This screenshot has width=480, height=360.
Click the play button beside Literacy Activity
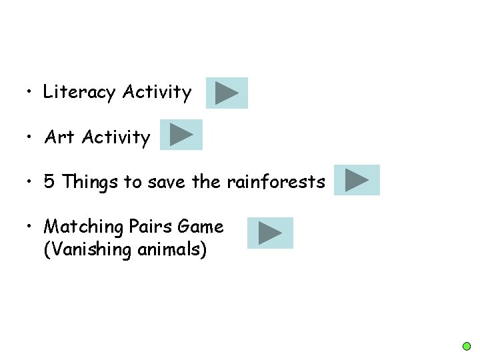click(x=227, y=93)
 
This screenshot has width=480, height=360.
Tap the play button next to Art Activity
click(x=181, y=135)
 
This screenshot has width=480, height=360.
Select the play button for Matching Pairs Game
click(x=270, y=233)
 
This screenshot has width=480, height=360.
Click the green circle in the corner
click(x=467, y=347)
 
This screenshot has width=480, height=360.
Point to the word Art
click(x=59, y=137)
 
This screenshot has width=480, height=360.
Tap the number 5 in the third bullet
click(x=49, y=181)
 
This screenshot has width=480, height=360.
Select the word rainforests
click(x=276, y=181)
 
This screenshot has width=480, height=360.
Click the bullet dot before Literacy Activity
click(x=26, y=93)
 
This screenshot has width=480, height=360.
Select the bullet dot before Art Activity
click(x=26, y=137)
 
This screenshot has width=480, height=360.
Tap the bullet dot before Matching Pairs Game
click(x=26, y=227)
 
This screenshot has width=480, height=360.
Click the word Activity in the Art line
click(x=117, y=137)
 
